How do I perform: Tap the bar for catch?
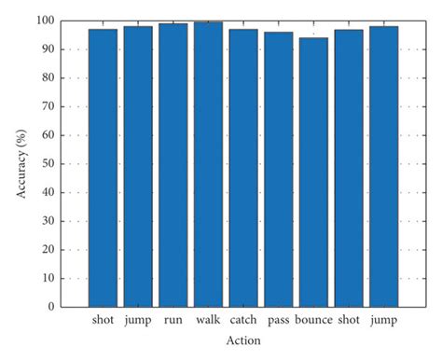click(x=243, y=168)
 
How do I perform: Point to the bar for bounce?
click(x=313, y=173)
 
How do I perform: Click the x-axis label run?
click(x=173, y=321)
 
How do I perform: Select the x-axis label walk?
click(x=208, y=321)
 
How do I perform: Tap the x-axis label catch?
click(x=243, y=321)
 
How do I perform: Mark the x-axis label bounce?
click(x=313, y=321)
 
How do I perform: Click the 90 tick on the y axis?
click(x=48, y=49)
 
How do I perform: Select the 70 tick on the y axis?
click(x=48, y=106)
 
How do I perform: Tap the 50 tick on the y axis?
click(x=48, y=164)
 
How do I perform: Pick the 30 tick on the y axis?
click(x=48, y=221)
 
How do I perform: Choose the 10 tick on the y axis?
click(x=48, y=278)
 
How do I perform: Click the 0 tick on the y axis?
click(x=50, y=307)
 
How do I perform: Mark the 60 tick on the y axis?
click(x=48, y=135)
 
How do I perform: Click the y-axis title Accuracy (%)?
click(x=21, y=164)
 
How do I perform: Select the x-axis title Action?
click(x=242, y=341)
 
